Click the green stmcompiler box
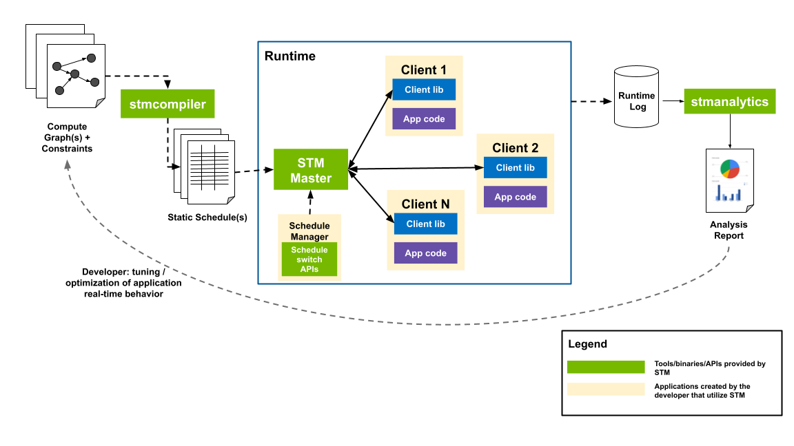167,105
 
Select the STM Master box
310,170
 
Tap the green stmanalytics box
731,102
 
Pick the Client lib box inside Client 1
424,89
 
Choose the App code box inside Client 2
515,197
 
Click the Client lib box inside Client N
425,224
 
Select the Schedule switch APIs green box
309,259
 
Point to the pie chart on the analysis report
729,168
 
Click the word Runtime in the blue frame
289,56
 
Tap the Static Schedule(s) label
207,217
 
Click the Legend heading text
587,344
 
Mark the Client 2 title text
515,148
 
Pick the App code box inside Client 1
424,118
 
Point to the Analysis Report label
729,230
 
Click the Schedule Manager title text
309,231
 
